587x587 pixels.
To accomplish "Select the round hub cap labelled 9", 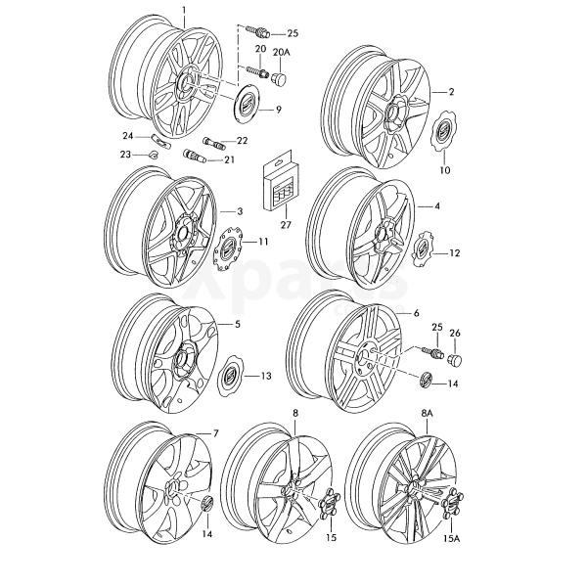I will click(x=249, y=103).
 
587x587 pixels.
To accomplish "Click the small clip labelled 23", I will click(x=156, y=154).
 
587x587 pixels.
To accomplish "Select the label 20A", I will click(x=281, y=50).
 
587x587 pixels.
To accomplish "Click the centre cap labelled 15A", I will click(x=453, y=509).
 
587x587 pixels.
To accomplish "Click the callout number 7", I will click(x=216, y=431).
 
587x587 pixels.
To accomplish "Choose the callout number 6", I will click(x=416, y=312).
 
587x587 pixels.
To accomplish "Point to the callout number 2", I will click(x=452, y=92).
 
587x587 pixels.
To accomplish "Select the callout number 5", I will click(x=237, y=323).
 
